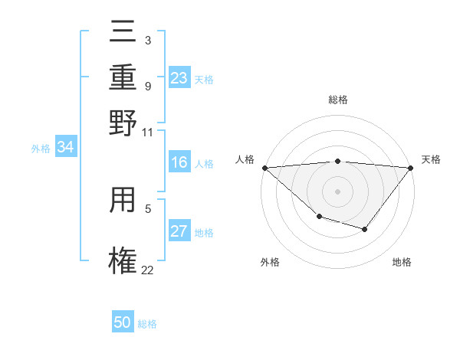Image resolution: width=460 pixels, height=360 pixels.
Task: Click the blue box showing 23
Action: pyautogui.click(x=179, y=78)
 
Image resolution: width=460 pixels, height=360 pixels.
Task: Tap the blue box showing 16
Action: pyautogui.click(x=179, y=162)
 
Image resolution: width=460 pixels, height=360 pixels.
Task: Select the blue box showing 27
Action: pyautogui.click(x=179, y=231)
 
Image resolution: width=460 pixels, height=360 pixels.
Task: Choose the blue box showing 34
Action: pyautogui.click(x=65, y=148)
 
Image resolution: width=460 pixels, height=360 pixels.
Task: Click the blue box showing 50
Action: pyautogui.click(x=123, y=322)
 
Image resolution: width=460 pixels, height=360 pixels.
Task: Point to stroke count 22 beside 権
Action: pyautogui.click(x=148, y=270)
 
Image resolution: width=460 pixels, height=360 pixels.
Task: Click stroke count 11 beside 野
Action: pyautogui.click(x=148, y=132)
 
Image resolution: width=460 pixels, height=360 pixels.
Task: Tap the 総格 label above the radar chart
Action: pyautogui.click(x=337, y=100)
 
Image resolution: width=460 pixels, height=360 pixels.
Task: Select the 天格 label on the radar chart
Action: pyautogui.click(x=431, y=159)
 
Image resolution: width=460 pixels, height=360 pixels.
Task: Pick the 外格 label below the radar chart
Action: pyautogui.click(x=270, y=262)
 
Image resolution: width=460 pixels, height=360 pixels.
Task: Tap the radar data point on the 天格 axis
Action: pyautogui.click(x=412, y=167)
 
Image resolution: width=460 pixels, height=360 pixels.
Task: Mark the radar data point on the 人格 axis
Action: pyautogui.click(x=264, y=168)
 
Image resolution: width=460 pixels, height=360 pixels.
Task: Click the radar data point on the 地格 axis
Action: pyautogui.click(x=365, y=229)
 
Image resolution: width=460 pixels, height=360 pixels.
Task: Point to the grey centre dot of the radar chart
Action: pyautogui.click(x=337, y=191)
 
